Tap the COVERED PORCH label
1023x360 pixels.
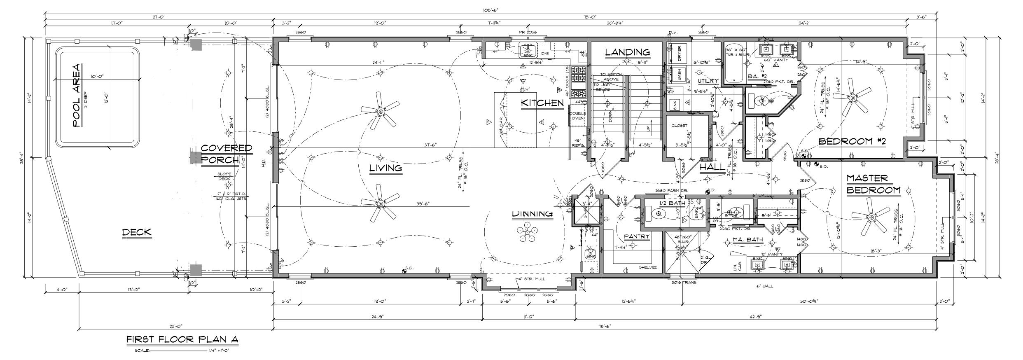(226, 154)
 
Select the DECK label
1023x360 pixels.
(137, 232)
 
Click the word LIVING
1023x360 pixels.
(385, 168)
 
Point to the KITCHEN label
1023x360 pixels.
(542, 103)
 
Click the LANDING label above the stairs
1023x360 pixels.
(627, 52)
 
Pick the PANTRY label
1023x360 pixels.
(636, 237)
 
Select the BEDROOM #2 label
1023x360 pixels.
(852, 142)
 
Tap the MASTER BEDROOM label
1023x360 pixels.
(873, 184)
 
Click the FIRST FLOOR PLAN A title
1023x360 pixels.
(182, 339)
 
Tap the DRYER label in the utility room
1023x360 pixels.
(679, 52)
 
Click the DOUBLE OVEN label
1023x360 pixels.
(578, 115)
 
